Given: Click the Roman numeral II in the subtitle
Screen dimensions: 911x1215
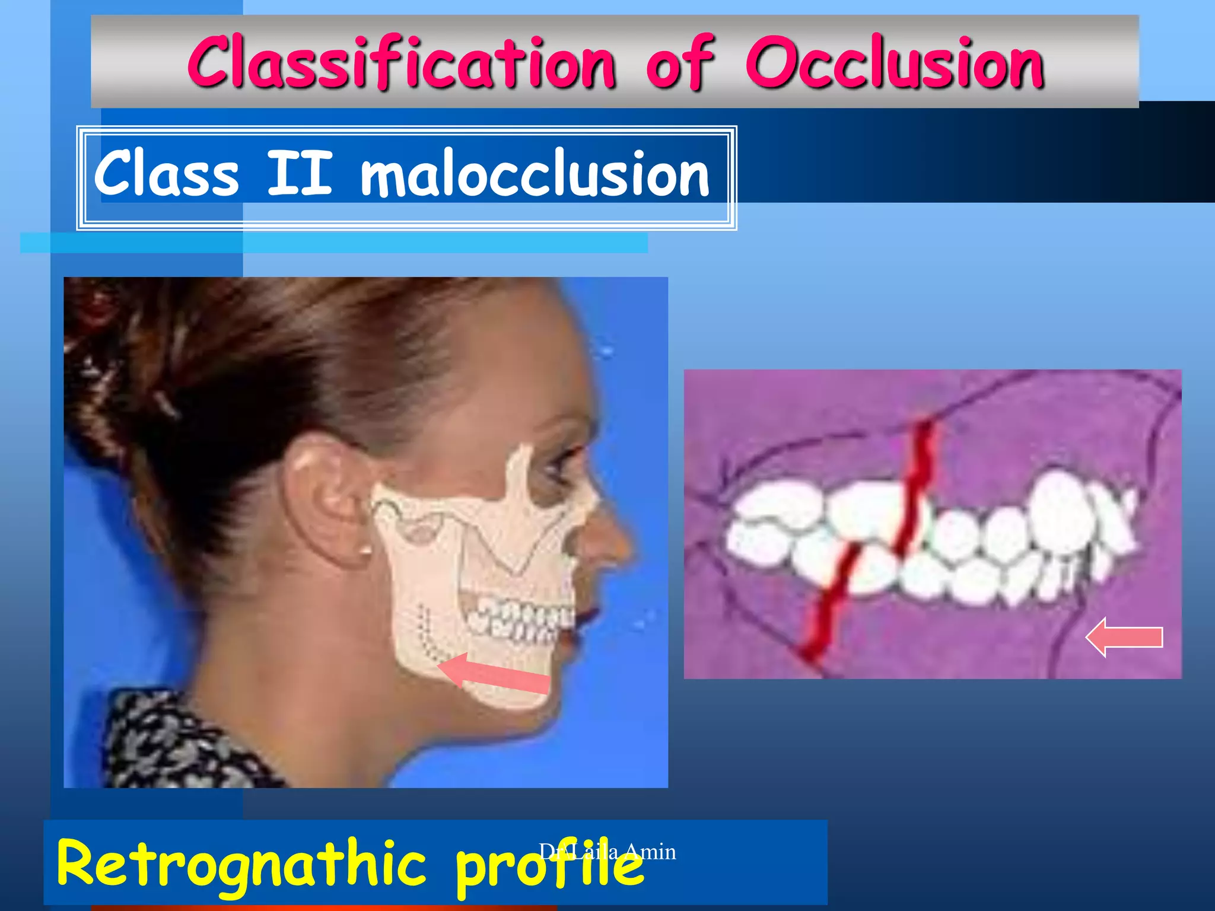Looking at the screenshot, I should coord(299,174).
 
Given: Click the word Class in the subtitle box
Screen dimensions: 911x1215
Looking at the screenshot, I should coord(167,174).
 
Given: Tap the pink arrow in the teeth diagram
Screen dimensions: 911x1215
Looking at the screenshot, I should coord(1124,638).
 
